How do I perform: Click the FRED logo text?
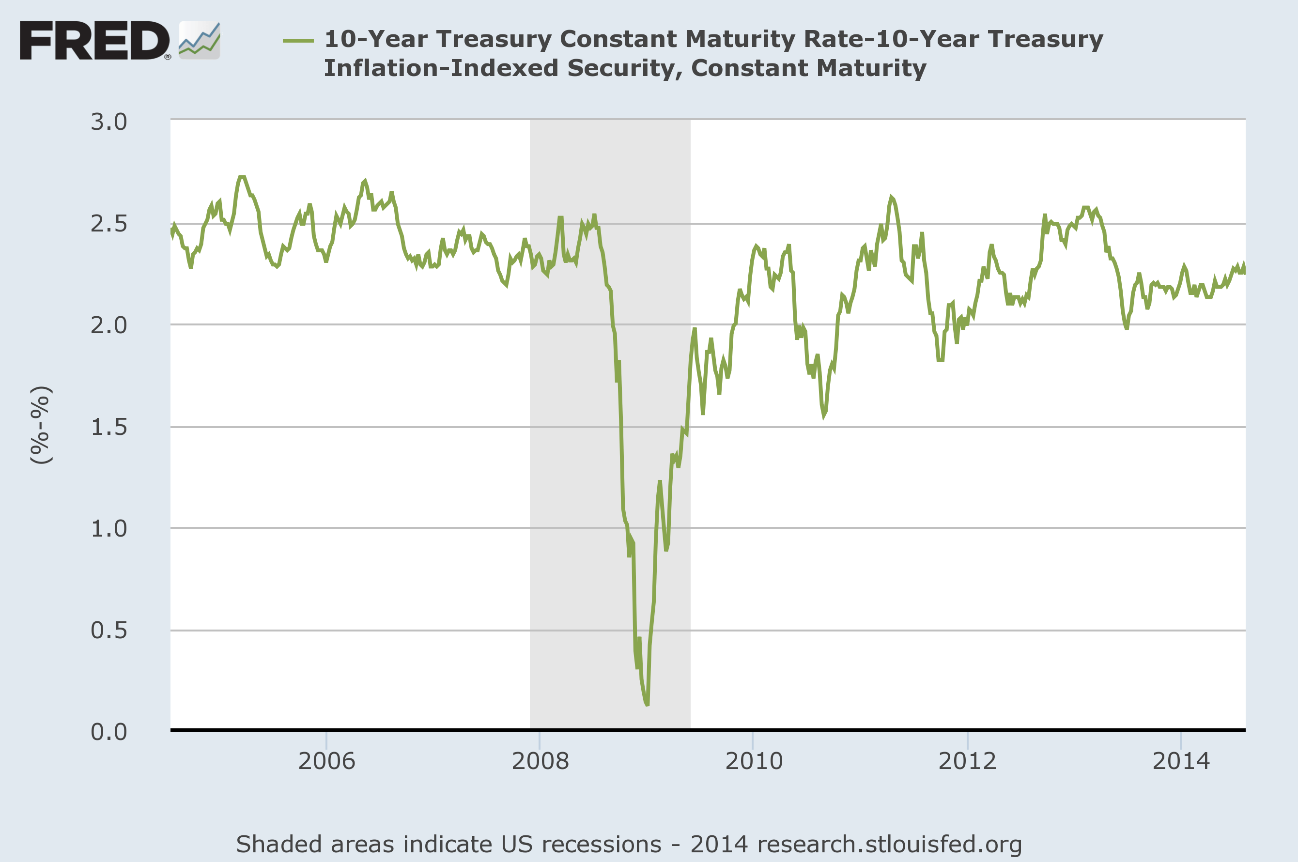click(x=94, y=40)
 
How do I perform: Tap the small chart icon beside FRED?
click(x=199, y=40)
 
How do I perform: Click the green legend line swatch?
click(x=298, y=40)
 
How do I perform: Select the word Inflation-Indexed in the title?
click(x=441, y=68)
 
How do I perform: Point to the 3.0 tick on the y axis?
click(x=108, y=122)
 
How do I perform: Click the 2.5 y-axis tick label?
click(x=108, y=224)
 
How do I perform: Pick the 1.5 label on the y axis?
click(x=108, y=427)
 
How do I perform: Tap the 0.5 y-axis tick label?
click(x=108, y=631)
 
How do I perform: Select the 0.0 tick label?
click(x=108, y=732)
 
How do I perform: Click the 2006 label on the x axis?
click(x=326, y=761)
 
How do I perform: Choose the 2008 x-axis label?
click(x=540, y=761)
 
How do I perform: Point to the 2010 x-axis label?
click(x=753, y=761)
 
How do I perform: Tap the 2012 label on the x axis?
click(x=967, y=761)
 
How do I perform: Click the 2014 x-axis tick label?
click(x=1181, y=761)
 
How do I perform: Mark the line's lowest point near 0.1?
click(x=647, y=704)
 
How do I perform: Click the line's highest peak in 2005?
click(x=242, y=177)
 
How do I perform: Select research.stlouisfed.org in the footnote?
click(x=889, y=845)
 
